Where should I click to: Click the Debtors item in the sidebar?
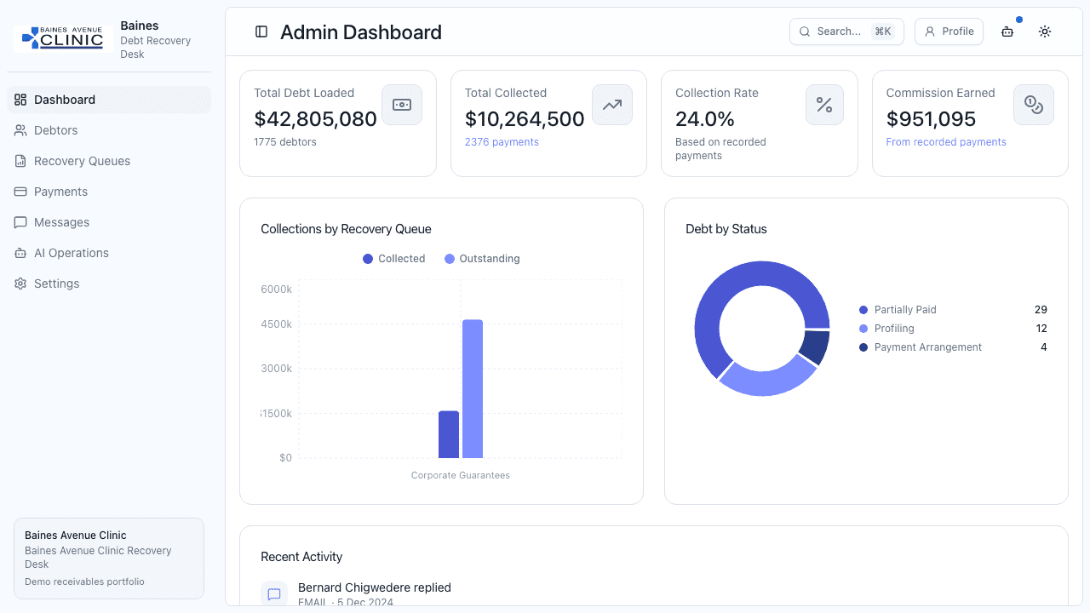55,130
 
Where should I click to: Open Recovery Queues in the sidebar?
82,161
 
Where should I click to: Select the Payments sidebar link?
60,192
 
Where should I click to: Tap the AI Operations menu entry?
71,253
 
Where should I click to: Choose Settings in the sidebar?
56,284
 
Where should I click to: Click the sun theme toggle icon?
1045,32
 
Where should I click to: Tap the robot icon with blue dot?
1007,32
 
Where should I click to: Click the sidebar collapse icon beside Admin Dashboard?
261,32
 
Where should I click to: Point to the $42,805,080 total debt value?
315,119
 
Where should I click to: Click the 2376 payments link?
502,142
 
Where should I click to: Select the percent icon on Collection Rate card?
824,105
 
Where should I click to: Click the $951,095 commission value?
931,119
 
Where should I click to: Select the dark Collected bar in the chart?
449,434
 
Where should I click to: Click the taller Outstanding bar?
473,388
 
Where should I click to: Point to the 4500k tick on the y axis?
277,324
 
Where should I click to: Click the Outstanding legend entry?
482,259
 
